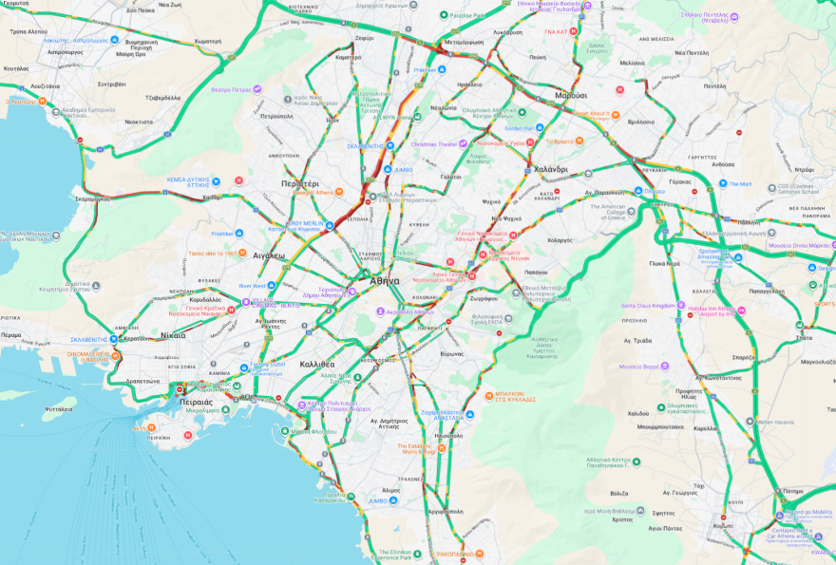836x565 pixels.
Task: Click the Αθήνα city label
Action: tap(385, 281)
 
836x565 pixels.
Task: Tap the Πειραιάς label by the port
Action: tap(196, 402)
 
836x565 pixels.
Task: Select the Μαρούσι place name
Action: tap(571, 96)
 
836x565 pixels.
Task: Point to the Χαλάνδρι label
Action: tap(550, 169)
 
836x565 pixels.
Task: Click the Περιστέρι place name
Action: tap(299, 183)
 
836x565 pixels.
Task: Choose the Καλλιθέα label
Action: tap(316, 364)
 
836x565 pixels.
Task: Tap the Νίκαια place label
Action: tap(173, 335)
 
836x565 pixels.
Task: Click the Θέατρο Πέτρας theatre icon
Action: tap(257, 89)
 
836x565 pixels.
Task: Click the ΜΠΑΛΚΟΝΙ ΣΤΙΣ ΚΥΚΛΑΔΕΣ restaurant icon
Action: tap(488, 394)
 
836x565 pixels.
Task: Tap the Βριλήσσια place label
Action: tap(641, 122)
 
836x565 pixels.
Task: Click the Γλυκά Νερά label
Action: tap(664, 263)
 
